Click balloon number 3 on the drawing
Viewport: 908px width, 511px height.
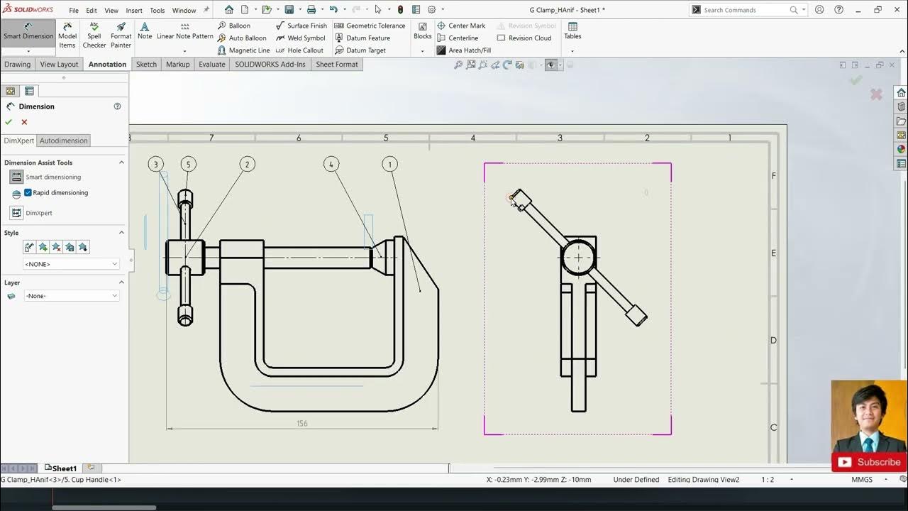pyautogui.click(x=155, y=164)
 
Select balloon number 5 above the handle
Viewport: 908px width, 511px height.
pyautogui.click(x=188, y=164)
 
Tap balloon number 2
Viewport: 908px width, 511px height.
pyautogui.click(x=248, y=164)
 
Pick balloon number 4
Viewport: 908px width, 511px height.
pyautogui.click(x=331, y=164)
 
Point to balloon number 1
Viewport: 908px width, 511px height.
pyautogui.click(x=390, y=164)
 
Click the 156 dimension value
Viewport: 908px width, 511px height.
pyautogui.click(x=302, y=424)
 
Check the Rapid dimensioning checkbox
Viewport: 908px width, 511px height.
pyautogui.click(x=28, y=192)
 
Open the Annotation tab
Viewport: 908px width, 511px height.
pyautogui.click(x=107, y=64)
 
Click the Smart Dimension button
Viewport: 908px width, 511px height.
pyautogui.click(x=28, y=32)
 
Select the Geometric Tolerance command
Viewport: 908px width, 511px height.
pyautogui.click(x=370, y=26)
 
